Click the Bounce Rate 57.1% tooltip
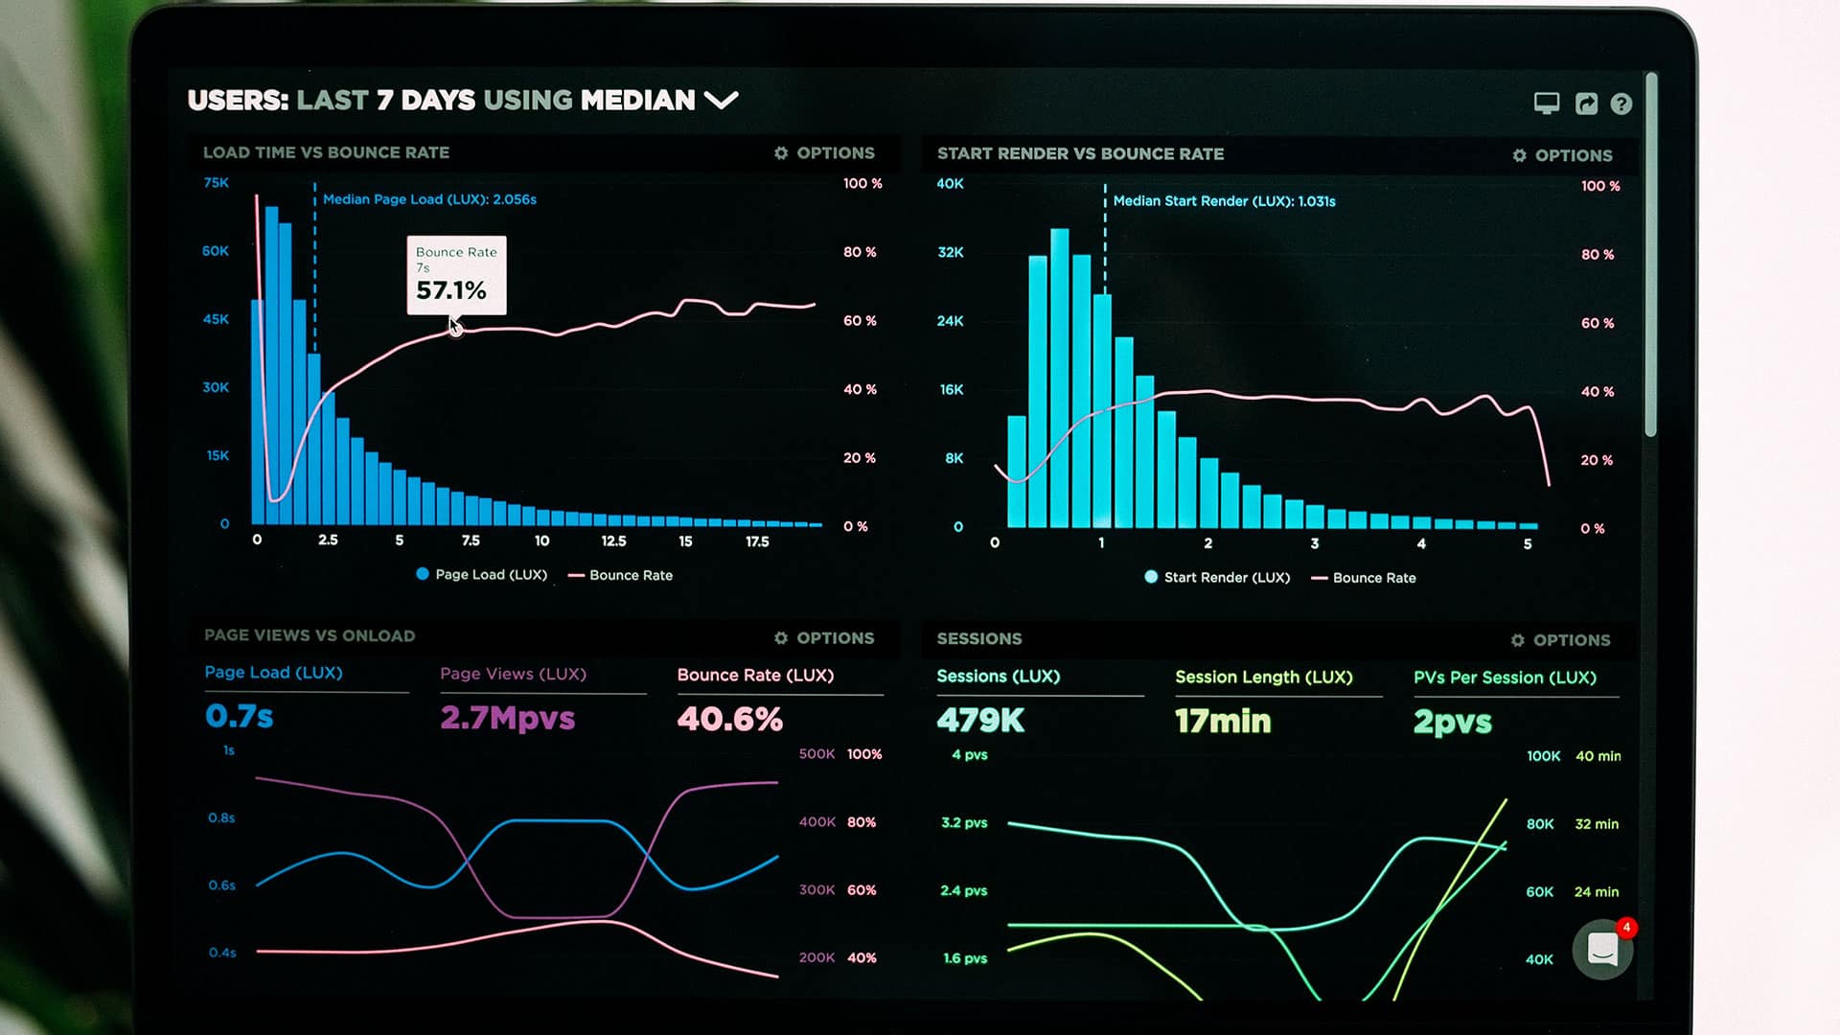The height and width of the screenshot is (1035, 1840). tap(456, 276)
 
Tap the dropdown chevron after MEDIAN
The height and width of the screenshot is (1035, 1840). tap(721, 100)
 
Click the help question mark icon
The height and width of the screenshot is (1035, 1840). tap(1621, 104)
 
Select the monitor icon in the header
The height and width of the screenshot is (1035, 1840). tap(1546, 103)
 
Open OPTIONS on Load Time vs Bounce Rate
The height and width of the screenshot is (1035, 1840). tap(824, 153)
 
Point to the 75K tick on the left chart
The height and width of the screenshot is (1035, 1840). tap(216, 183)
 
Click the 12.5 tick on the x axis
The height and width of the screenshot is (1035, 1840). tap(613, 541)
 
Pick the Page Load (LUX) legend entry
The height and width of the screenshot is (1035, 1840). tap(482, 574)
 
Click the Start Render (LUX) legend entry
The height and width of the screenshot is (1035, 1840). tap(1217, 577)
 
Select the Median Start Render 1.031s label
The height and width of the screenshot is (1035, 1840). tap(1224, 201)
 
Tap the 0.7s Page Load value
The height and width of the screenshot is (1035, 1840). tap(239, 716)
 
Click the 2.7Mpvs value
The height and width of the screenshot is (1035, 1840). tap(507, 718)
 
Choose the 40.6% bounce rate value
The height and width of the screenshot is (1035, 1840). tap(729, 719)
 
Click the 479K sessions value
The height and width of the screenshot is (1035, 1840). tap(980, 721)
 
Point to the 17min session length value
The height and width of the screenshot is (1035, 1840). tap(1223, 721)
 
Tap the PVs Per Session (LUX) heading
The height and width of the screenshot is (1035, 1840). tap(1505, 678)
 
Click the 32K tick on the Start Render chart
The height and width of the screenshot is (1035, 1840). tap(950, 252)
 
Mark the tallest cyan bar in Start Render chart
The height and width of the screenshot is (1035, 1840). tap(1059, 379)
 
